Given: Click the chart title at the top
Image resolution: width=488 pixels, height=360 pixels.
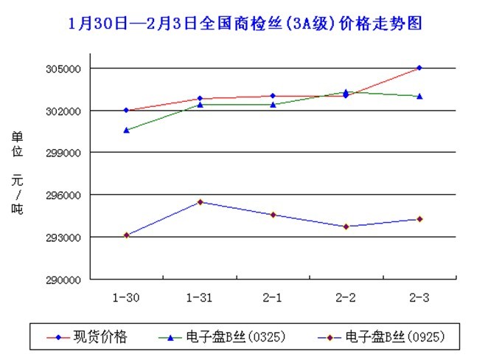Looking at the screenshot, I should click(x=244, y=23).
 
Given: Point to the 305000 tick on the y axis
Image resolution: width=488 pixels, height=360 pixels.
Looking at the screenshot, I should click(x=66, y=69).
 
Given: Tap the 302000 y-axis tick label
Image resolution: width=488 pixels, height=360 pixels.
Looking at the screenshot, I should click(x=66, y=111).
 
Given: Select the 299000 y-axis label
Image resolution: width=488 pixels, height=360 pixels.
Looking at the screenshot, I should click(x=66, y=153).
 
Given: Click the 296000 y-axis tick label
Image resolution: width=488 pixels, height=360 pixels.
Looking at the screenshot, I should click(x=66, y=195).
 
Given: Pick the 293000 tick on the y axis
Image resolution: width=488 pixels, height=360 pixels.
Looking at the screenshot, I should click(x=66, y=238).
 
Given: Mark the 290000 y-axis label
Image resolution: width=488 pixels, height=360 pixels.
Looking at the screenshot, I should click(x=66, y=280).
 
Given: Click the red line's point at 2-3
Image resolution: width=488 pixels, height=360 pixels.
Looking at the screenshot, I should click(x=419, y=68).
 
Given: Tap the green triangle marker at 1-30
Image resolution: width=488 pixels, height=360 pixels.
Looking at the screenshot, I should click(x=126, y=130).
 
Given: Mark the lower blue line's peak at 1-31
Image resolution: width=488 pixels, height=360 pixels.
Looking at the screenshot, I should click(x=200, y=202).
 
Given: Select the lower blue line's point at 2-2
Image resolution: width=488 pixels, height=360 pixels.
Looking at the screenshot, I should click(x=346, y=226).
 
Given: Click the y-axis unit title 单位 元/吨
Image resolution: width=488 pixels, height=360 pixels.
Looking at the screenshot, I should click(x=17, y=173).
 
